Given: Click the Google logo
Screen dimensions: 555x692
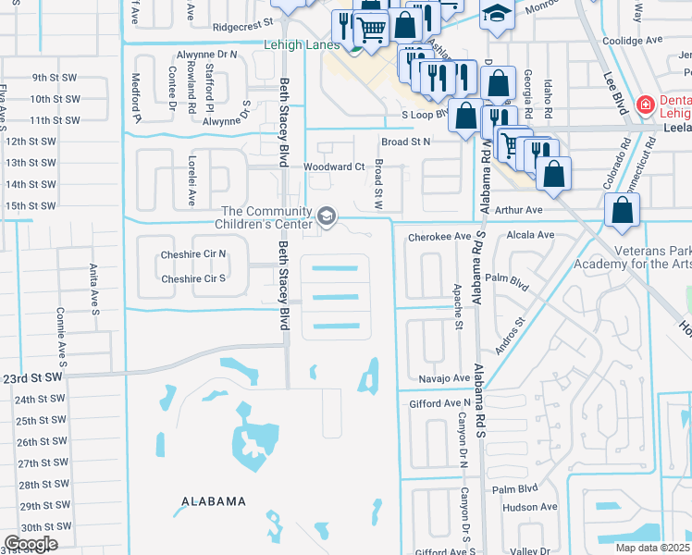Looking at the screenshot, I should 31,544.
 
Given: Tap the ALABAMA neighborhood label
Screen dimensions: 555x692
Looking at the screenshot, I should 207,501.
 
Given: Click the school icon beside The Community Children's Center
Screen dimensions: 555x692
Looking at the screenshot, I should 326,216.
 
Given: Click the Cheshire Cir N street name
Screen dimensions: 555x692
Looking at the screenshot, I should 193,253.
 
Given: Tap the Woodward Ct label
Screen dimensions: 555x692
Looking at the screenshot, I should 334,166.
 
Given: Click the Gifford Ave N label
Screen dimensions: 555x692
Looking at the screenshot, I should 440,403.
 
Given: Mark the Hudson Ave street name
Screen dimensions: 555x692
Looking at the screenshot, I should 529,507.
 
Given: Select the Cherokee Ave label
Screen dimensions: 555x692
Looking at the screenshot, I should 440,237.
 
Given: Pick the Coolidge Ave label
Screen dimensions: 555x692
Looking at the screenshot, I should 633,41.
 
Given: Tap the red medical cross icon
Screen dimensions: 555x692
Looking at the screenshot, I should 645,105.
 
